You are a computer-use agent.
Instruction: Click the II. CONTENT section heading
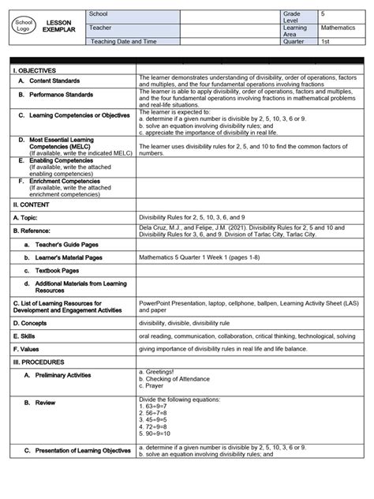[x=31, y=202]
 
